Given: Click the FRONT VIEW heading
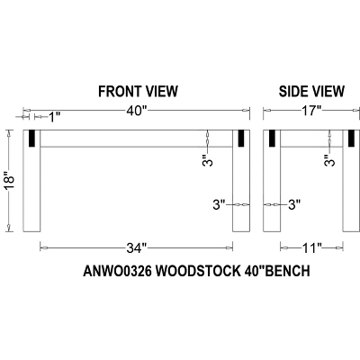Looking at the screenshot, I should [137, 91].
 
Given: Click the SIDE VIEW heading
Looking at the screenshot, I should [310, 91].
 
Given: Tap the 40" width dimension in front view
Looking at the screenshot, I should [137, 111].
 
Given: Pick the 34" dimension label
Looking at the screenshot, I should [137, 247].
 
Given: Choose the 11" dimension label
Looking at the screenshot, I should [310, 247].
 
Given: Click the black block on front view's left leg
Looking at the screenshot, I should [31, 139].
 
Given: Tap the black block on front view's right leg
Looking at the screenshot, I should [240, 139].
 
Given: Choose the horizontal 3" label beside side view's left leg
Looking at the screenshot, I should [293, 205].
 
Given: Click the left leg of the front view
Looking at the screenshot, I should [31, 189].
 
